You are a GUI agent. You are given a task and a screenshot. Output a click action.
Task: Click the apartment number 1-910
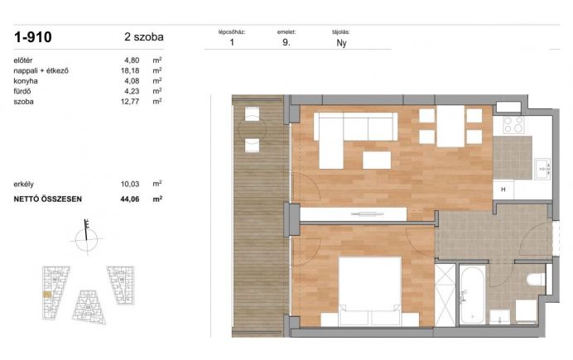coord(33,37)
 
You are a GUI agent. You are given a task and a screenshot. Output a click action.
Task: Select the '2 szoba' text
coord(144,37)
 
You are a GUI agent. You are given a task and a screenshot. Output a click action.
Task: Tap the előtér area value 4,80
coord(132,60)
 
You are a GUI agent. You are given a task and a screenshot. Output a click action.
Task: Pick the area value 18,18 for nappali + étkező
coord(130,70)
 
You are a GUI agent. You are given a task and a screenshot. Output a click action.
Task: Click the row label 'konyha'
coord(26,81)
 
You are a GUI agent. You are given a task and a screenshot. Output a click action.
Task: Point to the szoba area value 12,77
coord(130,102)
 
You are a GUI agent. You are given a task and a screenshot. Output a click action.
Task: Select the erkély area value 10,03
coord(130,184)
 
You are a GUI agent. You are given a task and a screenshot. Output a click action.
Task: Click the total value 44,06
coord(130,199)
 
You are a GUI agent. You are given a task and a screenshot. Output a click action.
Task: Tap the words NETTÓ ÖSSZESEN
coord(48,199)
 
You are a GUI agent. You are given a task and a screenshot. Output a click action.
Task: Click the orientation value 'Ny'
coord(341,43)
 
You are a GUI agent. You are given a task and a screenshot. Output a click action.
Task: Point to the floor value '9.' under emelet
coord(286,42)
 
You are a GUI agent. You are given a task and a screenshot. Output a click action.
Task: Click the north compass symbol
coord(87,238)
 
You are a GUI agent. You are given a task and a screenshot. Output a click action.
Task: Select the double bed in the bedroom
coord(370,291)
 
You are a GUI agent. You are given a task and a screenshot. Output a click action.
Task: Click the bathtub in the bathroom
coord(473,295)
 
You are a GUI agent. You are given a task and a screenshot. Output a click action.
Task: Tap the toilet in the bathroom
coord(537,280)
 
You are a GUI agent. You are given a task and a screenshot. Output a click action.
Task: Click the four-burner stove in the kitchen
coord(513,125)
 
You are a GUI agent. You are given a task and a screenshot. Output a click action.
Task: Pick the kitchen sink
coord(542,169)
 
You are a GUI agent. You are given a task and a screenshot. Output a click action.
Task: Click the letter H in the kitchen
coord(503,190)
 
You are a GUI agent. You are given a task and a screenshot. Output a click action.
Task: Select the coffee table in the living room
coord(377,160)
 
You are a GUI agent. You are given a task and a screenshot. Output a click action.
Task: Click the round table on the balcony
coord(253,129)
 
